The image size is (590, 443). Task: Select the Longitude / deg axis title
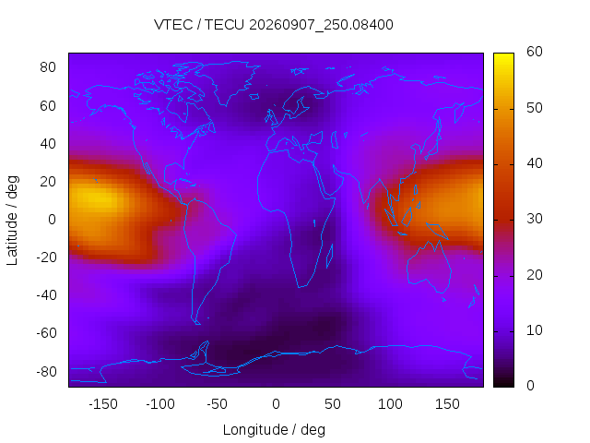click(x=274, y=430)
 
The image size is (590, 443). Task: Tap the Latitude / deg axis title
click(x=12, y=221)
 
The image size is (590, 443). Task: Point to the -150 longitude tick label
click(x=103, y=404)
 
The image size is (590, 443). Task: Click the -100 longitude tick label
click(x=160, y=404)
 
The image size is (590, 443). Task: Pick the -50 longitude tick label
click(x=218, y=404)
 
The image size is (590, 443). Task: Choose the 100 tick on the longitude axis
click(x=390, y=404)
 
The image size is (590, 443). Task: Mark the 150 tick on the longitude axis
click(x=447, y=404)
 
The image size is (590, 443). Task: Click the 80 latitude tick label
click(x=48, y=67)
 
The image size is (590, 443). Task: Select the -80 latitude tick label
click(x=46, y=371)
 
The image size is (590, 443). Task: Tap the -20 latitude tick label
click(x=46, y=257)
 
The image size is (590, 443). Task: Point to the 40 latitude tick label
click(x=48, y=144)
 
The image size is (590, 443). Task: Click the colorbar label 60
click(x=535, y=52)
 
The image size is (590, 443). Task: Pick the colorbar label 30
click(x=535, y=219)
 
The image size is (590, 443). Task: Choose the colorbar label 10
click(x=535, y=330)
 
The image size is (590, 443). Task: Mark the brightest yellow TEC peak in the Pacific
click(x=96, y=197)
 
